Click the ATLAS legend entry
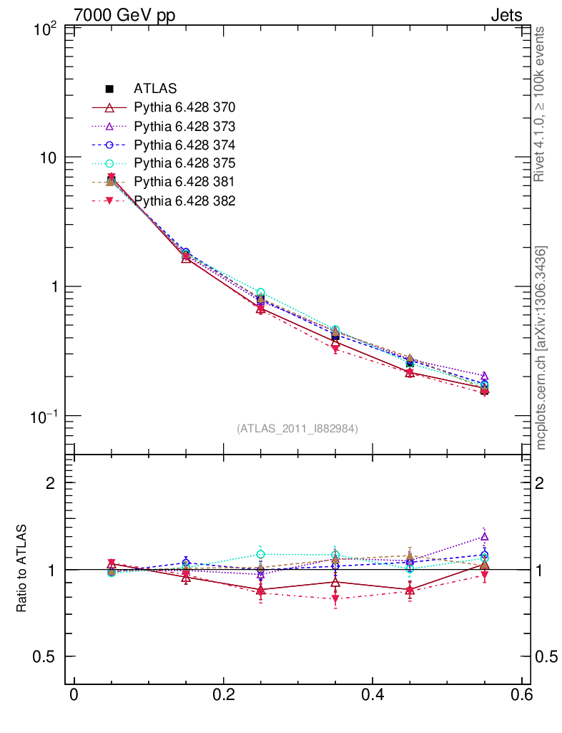155,89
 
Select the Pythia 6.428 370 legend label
184,107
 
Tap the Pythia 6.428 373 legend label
184,126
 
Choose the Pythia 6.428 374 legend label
184,145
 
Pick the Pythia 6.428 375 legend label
184,163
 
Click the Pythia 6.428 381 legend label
184,182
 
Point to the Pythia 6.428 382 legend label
184,200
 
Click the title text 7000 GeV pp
125,15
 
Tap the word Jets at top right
506,15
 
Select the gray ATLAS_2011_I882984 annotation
297,428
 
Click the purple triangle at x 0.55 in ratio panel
484,536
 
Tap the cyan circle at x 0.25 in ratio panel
260,554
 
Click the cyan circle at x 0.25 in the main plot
260,293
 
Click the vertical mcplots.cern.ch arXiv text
541,349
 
